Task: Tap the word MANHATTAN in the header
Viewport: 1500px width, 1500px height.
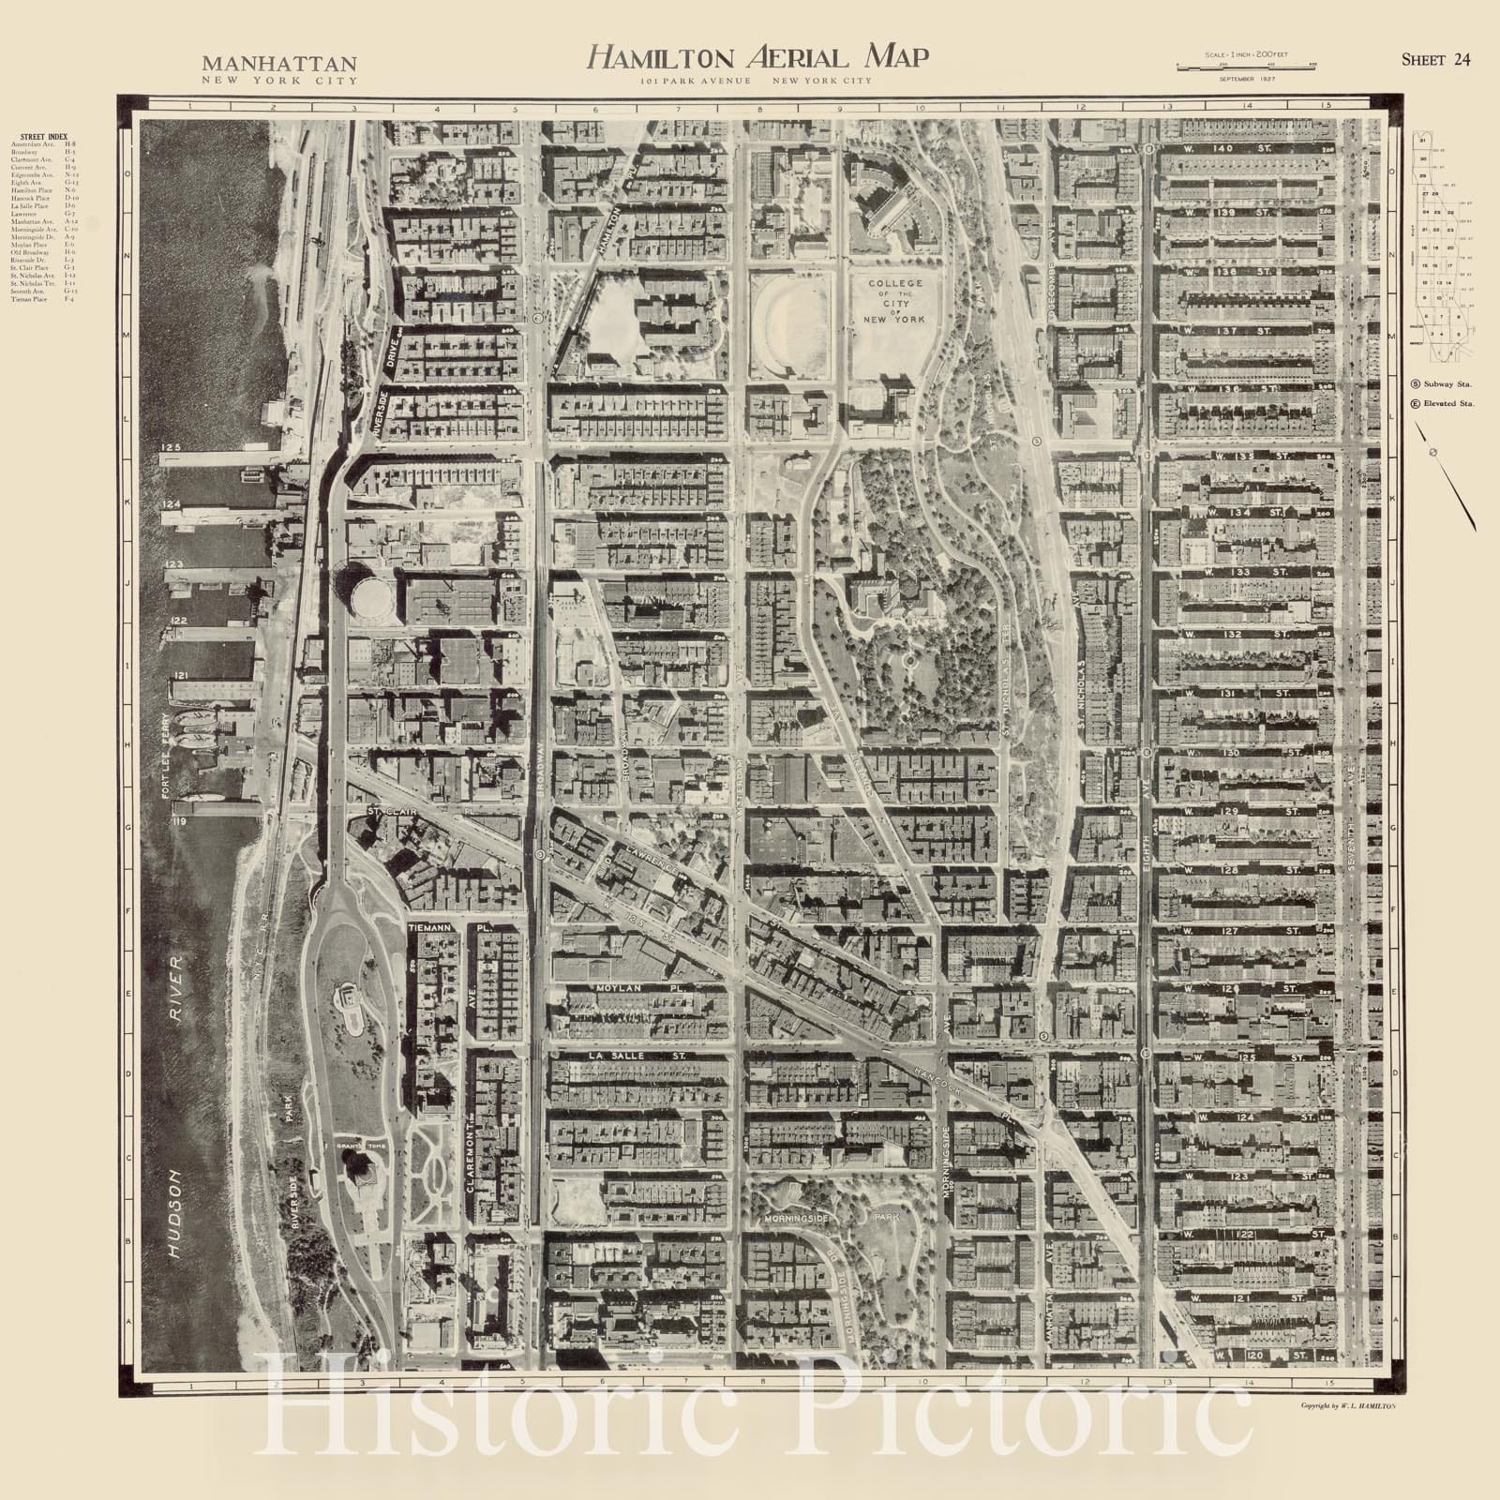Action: tap(279, 65)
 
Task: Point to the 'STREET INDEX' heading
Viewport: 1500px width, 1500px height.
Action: tap(44, 137)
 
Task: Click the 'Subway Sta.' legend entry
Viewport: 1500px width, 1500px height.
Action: tap(1443, 384)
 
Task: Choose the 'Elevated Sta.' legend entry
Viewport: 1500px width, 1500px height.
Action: tap(1444, 403)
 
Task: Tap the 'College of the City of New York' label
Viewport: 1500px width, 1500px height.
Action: tap(894, 301)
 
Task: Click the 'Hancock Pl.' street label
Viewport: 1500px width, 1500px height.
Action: tap(984, 1090)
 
